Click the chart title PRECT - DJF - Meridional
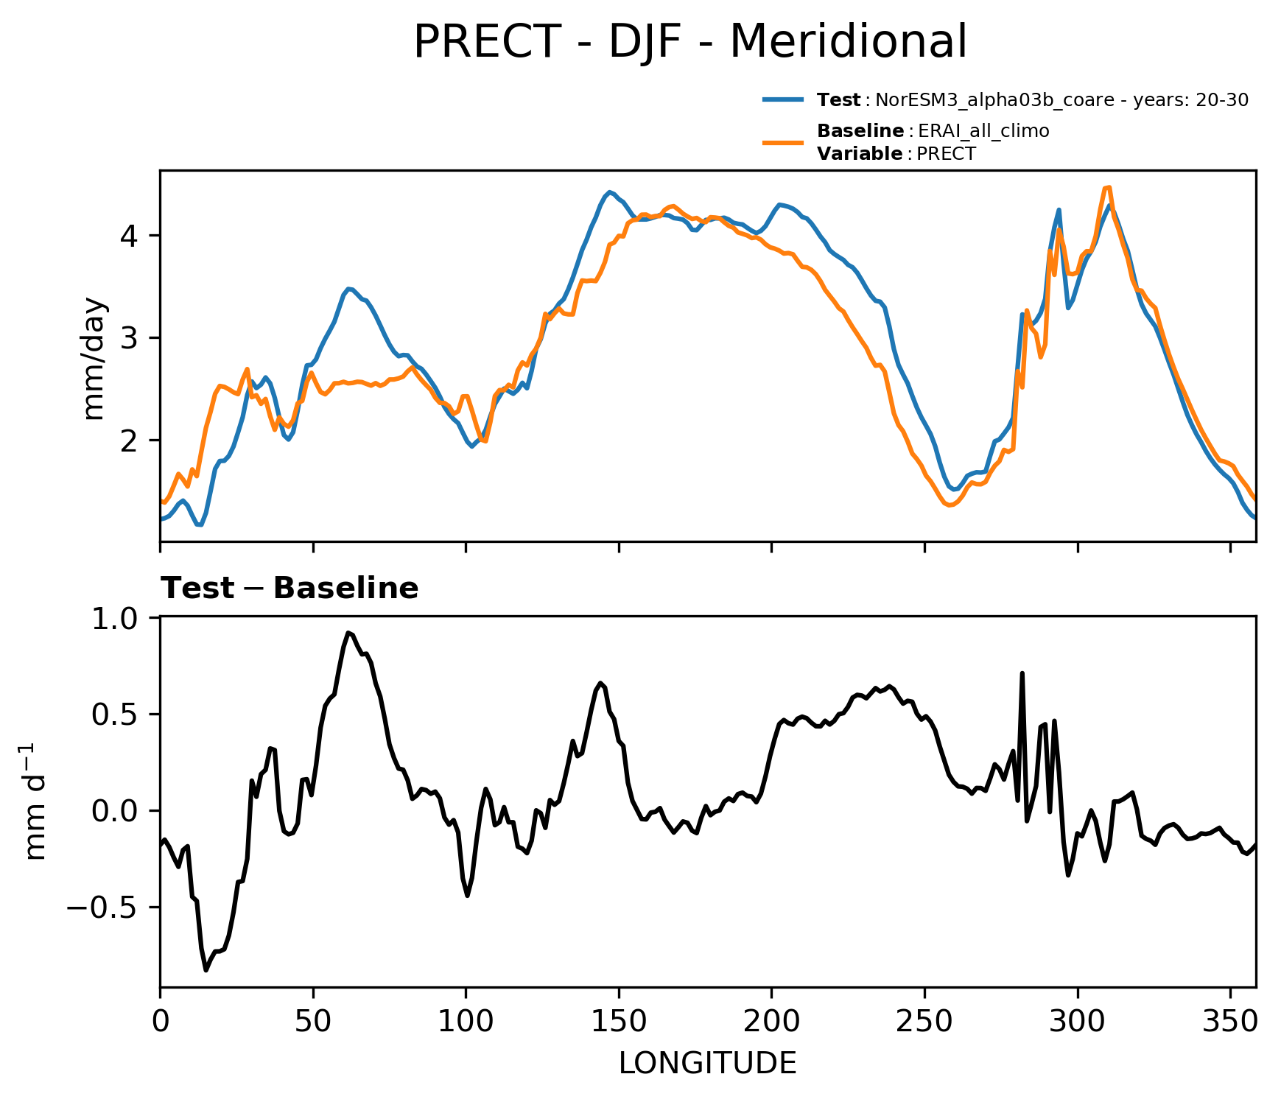[x=689, y=42]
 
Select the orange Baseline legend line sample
[x=783, y=142]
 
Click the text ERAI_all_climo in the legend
[x=983, y=132]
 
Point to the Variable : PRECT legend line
[x=896, y=154]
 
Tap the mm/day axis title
[x=96, y=358]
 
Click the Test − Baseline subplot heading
[x=289, y=589]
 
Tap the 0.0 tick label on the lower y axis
[x=123, y=811]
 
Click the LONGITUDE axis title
[x=707, y=1063]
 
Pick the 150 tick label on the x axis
[x=619, y=1022]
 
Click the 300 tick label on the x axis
[x=1078, y=1022]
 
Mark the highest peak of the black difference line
[x=348, y=632]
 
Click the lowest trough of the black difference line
[x=206, y=971]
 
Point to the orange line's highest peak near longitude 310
[x=1108, y=187]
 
